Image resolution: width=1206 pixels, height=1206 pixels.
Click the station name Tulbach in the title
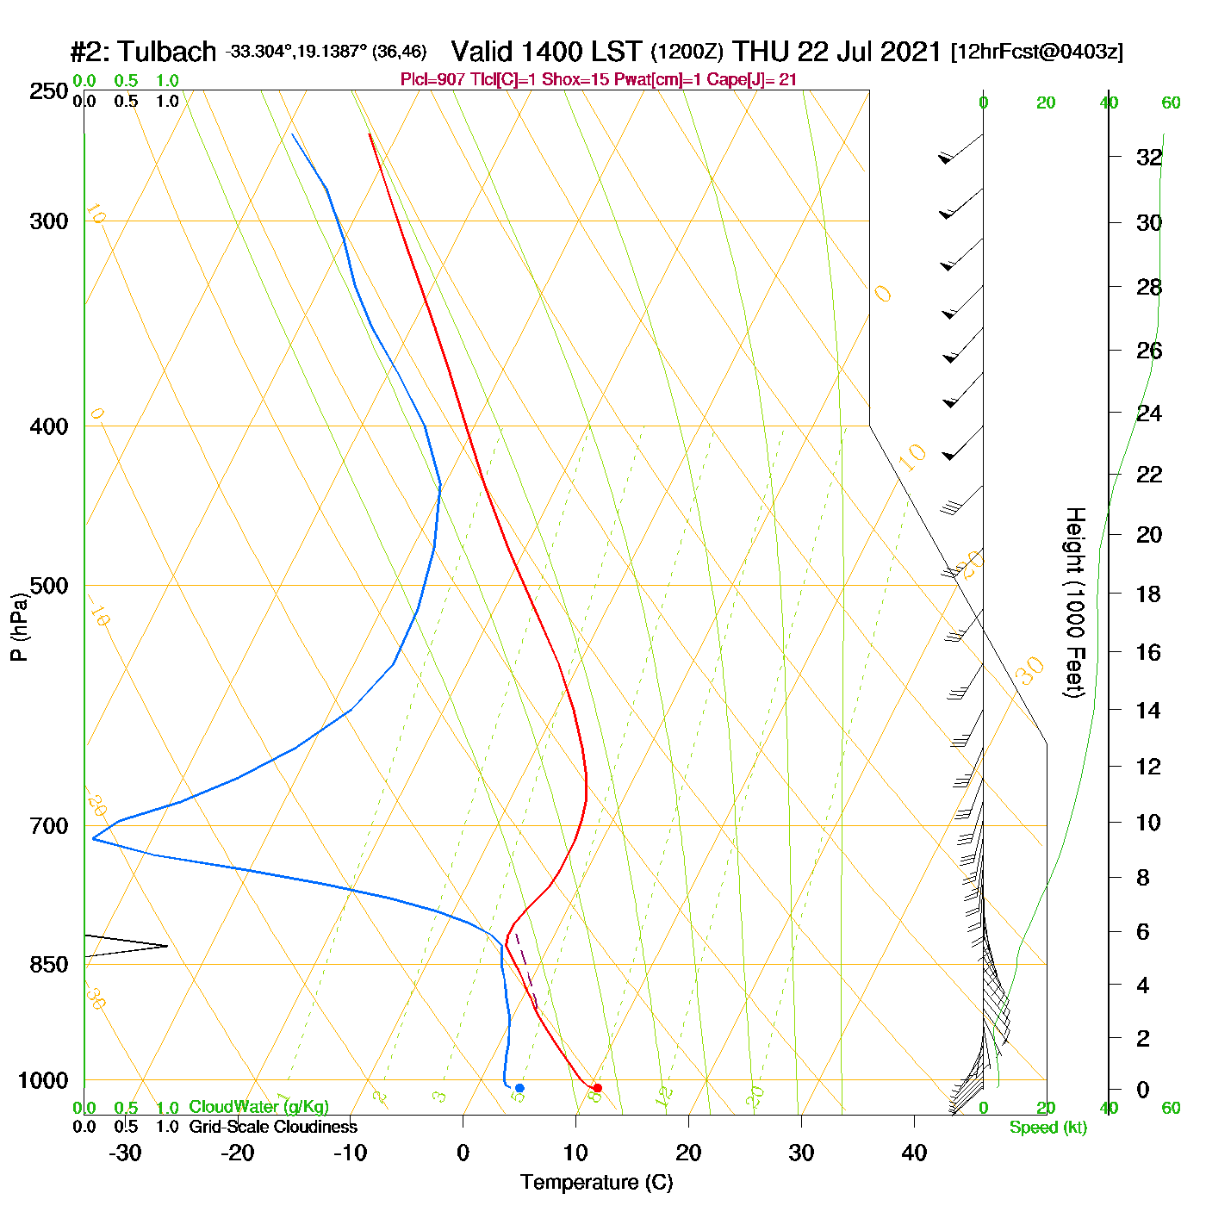pos(167,52)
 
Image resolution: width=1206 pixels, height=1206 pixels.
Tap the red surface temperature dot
pos(597,1088)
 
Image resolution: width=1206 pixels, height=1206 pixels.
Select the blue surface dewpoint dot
pos(519,1088)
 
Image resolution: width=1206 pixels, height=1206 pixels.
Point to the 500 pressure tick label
pos(49,586)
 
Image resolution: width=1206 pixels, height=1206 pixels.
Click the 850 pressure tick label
pos(49,965)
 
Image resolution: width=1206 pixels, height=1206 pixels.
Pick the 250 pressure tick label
pos(49,91)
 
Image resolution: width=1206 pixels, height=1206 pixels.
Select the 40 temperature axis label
pos(914,1153)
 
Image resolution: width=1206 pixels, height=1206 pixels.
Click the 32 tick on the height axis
pos(1149,158)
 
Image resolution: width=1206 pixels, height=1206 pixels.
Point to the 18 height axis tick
pos(1149,594)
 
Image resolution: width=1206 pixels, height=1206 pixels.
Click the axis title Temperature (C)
pos(596,1183)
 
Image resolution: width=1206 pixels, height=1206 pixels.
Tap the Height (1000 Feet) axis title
pos(1075,603)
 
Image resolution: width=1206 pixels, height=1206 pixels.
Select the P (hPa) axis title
pos(19,627)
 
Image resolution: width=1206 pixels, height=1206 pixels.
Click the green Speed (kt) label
pos(1048,1128)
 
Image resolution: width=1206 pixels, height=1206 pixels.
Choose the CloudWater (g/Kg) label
pos(258,1107)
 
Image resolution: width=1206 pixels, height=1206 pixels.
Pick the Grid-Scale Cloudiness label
pos(273,1127)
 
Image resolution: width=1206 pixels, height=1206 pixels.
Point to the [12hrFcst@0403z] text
pos(1036,52)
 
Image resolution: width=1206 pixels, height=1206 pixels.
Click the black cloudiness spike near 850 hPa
pos(129,946)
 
